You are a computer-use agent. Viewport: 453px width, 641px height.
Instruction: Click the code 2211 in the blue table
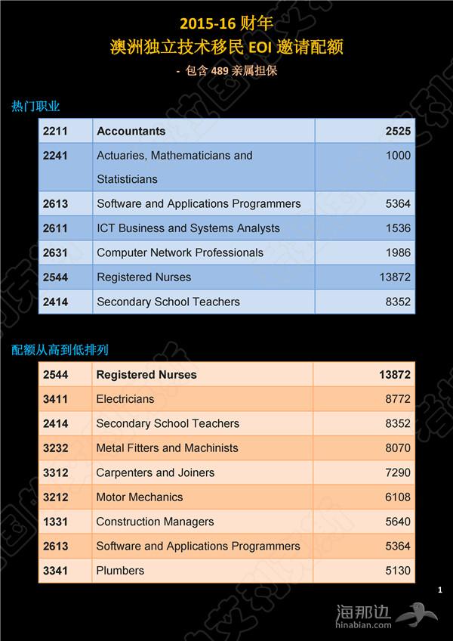click(x=56, y=132)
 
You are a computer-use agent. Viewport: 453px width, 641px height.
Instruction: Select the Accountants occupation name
click(x=131, y=132)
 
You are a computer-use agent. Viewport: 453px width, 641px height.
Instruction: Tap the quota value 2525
click(x=397, y=132)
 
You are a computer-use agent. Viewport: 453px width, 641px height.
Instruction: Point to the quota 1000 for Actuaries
click(x=397, y=156)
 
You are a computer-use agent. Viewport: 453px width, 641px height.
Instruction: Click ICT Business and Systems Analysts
click(x=188, y=228)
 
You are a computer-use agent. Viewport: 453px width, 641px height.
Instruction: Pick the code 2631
click(x=56, y=252)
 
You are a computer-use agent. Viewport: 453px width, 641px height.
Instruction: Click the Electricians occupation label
click(x=125, y=399)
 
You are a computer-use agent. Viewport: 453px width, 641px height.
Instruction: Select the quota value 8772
click(x=397, y=399)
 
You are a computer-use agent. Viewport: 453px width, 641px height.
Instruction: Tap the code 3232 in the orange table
click(x=56, y=448)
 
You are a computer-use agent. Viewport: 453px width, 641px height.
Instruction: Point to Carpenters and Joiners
click(x=155, y=472)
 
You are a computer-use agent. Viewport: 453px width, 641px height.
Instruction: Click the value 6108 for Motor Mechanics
click(x=397, y=497)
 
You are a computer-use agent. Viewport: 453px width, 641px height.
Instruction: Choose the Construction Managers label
click(x=155, y=522)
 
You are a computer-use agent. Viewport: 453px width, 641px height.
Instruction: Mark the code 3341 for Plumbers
click(x=56, y=571)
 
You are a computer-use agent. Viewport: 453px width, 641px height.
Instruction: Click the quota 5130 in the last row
click(x=397, y=571)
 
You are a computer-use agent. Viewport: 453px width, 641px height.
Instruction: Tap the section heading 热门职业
click(x=35, y=107)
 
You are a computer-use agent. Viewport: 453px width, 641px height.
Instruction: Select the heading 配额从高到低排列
click(x=60, y=350)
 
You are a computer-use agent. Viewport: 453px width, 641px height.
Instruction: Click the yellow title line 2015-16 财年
click(x=226, y=25)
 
